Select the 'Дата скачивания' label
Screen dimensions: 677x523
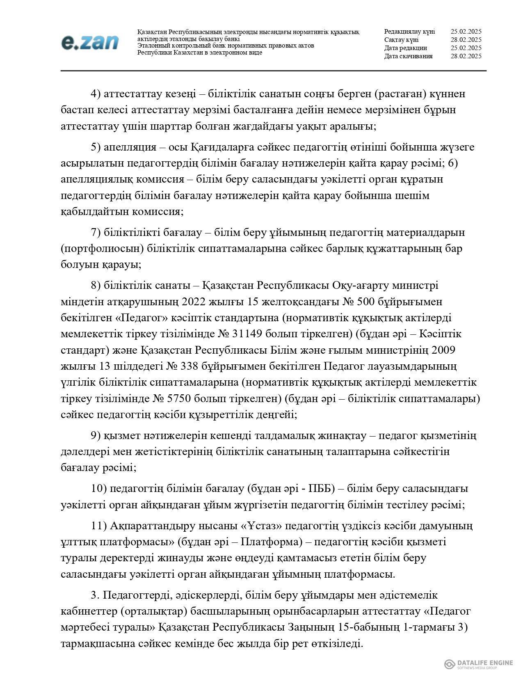(408, 56)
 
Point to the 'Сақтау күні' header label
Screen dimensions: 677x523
(401, 40)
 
